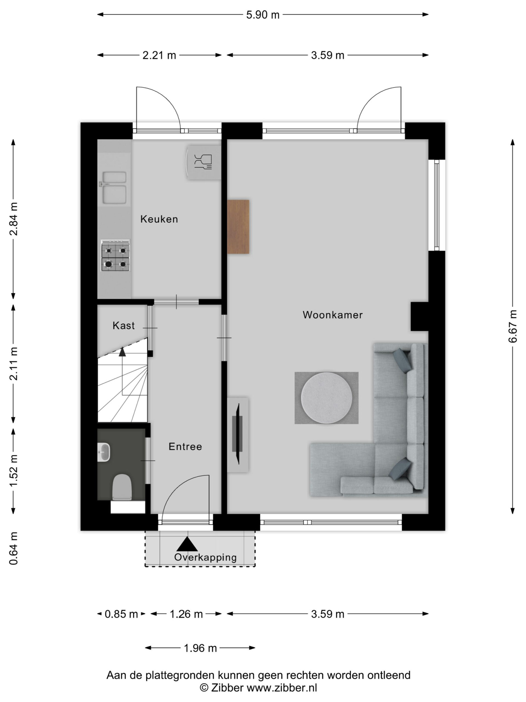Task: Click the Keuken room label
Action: (x=159, y=219)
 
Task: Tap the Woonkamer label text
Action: (x=333, y=315)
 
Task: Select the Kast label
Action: (x=124, y=325)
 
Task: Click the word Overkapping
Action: (x=205, y=557)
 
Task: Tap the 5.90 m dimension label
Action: (x=263, y=15)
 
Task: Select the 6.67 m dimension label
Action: (x=513, y=327)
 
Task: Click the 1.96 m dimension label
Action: (x=200, y=648)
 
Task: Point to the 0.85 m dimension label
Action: (x=121, y=614)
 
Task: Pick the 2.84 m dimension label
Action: (x=14, y=219)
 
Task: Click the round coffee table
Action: (x=326, y=398)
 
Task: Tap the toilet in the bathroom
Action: (x=122, y=487)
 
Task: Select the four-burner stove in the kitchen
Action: (x=115, y=256)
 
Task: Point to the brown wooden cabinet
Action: (x=238, y=227)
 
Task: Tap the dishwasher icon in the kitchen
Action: (x=203, y=162)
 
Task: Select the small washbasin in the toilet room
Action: (x=104, y=452)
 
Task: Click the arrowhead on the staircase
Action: (x=122, y=352)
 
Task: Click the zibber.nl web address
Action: (x=282, y=688)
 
